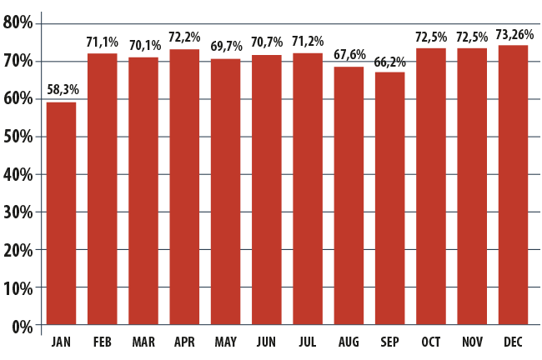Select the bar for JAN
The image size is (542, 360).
coord(61,213)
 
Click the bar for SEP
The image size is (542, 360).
coord(390,198)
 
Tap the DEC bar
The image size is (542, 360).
coord(514,185)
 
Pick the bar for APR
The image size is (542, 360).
coord(184,187)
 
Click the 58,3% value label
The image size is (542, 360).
coord(63,90)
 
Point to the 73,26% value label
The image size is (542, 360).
coord(514,34)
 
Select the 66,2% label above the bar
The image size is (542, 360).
coord(390,62)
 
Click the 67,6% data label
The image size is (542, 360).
coord(349,55)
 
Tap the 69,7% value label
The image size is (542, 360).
coord(227,46)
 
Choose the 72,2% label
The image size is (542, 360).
coord(184,37)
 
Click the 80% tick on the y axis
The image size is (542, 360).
coord(18,23)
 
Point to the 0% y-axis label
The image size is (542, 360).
coord(23,327)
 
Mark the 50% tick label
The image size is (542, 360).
coord(18,137)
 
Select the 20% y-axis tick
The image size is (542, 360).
coord(18,250)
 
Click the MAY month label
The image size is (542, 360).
coord(226,342)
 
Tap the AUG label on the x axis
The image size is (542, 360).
coord(349,342)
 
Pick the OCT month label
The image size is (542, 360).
coord(431,342)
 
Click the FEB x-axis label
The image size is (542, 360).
coord(103,342)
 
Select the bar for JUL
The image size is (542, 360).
coord(308,189)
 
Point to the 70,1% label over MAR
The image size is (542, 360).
coord(145,45)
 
